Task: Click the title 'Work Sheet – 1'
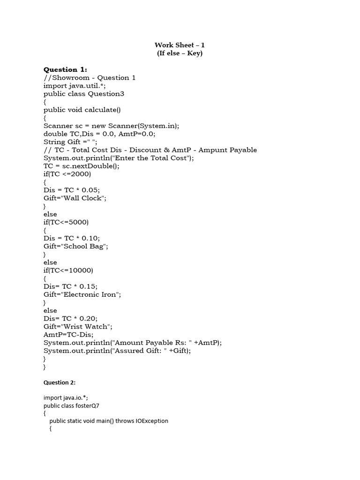(x=180, y=45)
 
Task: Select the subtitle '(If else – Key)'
(x=180, y=53)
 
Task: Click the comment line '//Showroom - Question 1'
(x=90, y=78)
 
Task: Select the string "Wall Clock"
(x=85, y=198)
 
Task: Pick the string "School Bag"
(x=86, y=246)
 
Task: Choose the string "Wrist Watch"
(x=87, y=326)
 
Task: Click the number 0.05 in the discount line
(x=90, y=190)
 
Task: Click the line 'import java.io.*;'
(x=65, y=397)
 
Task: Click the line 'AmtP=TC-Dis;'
(x=68, y=334)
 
